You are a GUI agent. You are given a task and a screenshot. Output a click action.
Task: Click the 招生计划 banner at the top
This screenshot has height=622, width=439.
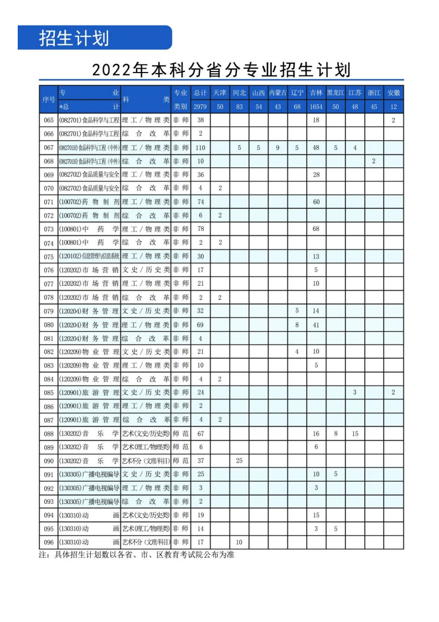point(74,38)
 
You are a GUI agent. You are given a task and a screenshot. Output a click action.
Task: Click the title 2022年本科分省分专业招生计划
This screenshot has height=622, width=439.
point(221,70)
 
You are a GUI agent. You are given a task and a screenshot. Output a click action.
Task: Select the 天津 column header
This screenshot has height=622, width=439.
point(220,92)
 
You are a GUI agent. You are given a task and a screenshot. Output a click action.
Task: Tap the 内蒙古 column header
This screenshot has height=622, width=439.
point(277,92)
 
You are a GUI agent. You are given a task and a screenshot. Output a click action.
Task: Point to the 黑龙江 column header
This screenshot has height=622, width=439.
point(335,92)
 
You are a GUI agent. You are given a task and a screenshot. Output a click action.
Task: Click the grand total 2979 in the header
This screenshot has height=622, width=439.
point(200,106)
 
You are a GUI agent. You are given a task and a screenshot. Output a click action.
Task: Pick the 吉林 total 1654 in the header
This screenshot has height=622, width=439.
point(316,106)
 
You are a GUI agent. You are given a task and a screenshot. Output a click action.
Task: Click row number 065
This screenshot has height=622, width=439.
point(49,120)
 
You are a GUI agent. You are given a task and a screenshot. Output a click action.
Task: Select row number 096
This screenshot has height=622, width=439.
point(49,542)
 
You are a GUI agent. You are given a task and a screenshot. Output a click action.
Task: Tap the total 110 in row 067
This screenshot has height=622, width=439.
point(200,147)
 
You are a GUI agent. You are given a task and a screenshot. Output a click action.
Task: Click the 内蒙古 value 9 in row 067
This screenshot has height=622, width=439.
point(277,147)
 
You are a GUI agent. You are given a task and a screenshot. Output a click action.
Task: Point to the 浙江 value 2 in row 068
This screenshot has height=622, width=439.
point(374,161)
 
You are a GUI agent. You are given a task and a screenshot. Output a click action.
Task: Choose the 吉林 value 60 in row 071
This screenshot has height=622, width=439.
point(316,202)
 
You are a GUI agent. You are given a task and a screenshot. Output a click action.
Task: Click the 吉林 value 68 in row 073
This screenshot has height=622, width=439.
point(316,229)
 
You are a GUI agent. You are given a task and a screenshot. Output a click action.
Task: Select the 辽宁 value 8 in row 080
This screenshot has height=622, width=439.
point(297,325)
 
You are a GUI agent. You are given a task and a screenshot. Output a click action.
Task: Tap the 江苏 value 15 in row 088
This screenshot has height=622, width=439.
point(355,434)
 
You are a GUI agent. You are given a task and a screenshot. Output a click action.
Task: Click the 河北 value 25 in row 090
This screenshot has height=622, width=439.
point(239,461)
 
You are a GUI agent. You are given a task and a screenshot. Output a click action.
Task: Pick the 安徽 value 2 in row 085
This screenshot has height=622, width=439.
point(393,393)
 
